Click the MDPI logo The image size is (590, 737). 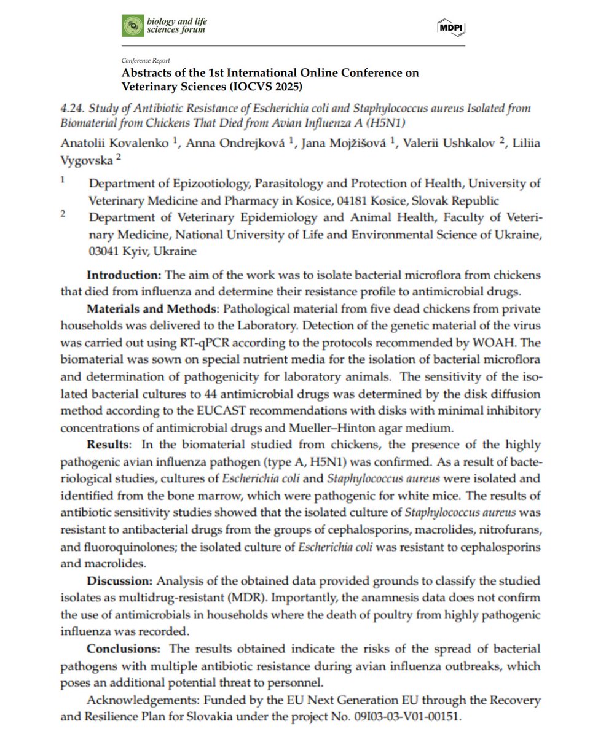tap(451, 26)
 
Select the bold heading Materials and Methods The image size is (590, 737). tap(149, 307)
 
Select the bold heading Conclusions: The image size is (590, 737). tap(125, 649)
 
